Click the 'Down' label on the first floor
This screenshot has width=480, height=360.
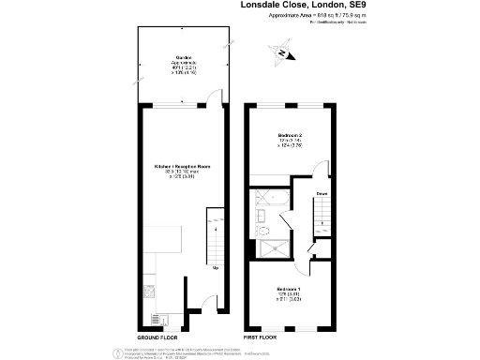320,194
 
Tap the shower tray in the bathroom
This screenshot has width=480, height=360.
273,247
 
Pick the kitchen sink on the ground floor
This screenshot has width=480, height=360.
151,316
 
